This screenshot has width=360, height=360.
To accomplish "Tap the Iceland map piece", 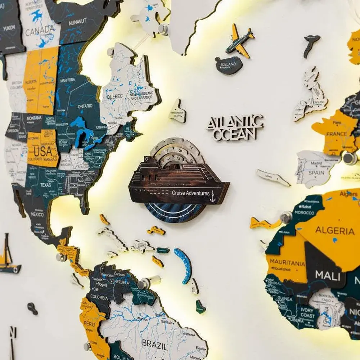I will (229, 65).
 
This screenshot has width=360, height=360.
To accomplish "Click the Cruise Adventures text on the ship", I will (190, 193).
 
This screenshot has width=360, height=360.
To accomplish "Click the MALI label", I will (328, 276).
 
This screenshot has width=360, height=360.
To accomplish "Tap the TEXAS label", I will (46, 185).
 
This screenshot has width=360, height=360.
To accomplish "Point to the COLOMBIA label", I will (99, 297).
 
